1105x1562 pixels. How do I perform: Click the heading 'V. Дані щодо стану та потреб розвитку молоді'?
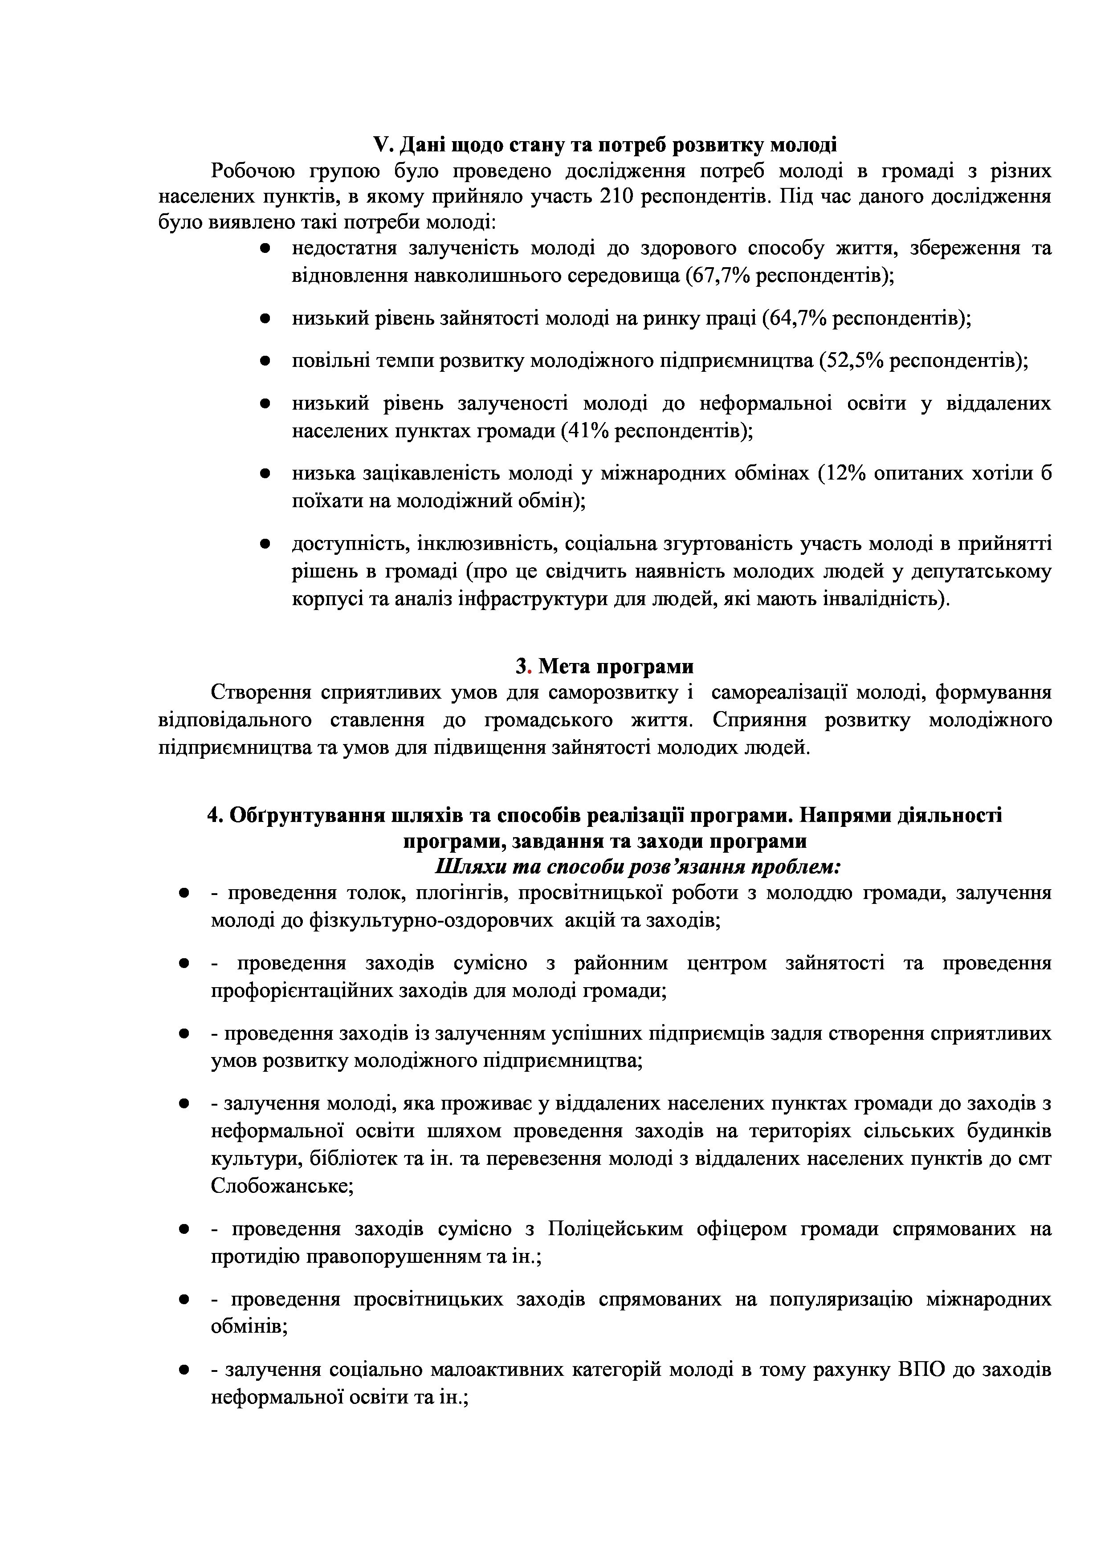click(605, 145)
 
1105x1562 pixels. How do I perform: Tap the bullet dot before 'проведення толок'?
click(183, 893)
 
